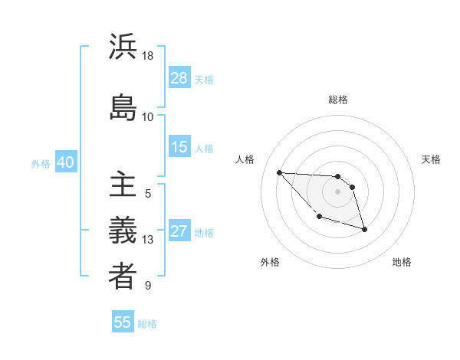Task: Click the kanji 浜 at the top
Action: (x=123, y=47)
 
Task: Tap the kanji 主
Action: (x=123, y=185)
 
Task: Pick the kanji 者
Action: (x=123, y=277)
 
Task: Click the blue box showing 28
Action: (x=179, y=78)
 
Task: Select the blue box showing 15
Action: (x=179, y=147)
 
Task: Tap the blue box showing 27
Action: (x=179, y=231)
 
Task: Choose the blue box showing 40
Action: (x=64, y=162)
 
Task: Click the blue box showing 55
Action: (x=123, y=322)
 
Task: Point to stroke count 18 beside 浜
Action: (x=148, y=56)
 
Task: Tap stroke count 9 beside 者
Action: (x=148, y=286)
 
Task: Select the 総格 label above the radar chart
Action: (x=338, y=100)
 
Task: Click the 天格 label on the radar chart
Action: (x=431, y=159)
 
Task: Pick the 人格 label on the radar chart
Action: (x=245, y=159)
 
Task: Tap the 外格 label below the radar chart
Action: (x=270, y=262)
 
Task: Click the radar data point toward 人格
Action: (x=279, y=172)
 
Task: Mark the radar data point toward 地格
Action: (x=364, y=229)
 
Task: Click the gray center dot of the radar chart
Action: (x=338, y=191)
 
